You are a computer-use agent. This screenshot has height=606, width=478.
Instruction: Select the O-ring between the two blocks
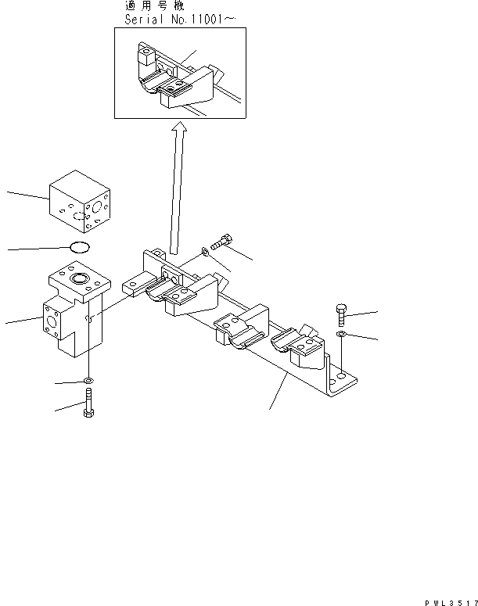click(x=78, y=248)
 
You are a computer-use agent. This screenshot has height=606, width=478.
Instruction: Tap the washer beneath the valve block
click(x=89, y=382)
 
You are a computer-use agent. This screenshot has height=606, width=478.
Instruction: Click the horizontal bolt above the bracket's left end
click(x=222, y=242)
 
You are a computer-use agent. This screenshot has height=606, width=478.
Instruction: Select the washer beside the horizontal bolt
click(x=204, y=251)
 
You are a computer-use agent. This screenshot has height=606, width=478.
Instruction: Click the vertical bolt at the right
click(x=342, y=314)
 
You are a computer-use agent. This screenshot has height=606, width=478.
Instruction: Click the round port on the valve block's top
click(x=81, y=279)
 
